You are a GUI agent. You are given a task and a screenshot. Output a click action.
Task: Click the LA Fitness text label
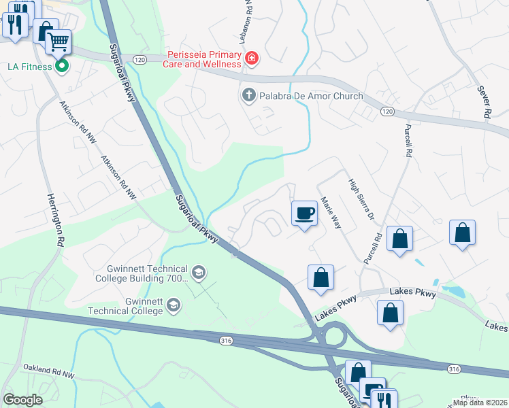29,67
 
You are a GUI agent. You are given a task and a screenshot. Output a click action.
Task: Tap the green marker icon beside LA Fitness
62,67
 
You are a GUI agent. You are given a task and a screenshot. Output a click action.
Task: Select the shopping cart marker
59,42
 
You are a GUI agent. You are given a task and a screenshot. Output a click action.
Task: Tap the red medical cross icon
252,59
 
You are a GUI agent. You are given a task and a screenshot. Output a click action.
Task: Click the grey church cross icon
248,96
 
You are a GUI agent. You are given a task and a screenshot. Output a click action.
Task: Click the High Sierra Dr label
361,199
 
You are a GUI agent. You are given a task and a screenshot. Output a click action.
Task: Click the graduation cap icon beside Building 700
198,273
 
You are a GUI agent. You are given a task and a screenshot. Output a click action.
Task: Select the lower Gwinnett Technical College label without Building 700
135,306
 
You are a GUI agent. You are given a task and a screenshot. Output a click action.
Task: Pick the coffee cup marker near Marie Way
304,214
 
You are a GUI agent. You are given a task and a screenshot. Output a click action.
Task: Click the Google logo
22,400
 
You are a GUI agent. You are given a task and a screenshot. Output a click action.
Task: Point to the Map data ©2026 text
479,403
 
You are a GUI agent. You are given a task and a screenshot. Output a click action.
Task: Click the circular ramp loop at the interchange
333,335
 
